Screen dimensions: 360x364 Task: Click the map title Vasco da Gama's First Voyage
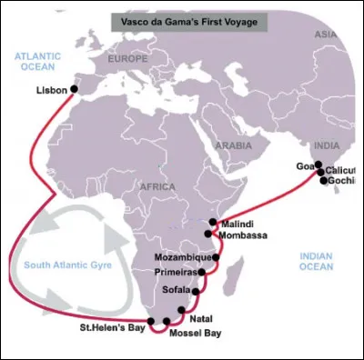pos(182,19)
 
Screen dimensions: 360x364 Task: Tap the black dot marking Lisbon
pos(75,89)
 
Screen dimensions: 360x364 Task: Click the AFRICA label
pos(156,186)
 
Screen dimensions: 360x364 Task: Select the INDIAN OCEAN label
pos(321,262)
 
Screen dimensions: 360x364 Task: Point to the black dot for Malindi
pos(212,222)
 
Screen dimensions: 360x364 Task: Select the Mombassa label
pos(244,235)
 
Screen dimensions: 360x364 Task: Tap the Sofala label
pos(176,290)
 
